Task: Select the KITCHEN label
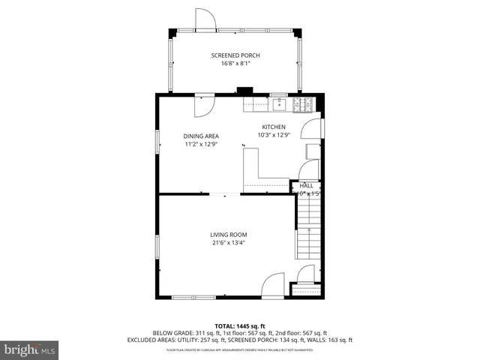point(274,127)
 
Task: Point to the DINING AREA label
point(202,136)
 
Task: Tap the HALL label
point(307,185)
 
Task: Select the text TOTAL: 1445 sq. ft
point(240,326)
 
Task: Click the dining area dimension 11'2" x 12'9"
point(202,144)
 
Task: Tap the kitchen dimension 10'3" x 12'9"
point(274,135)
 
